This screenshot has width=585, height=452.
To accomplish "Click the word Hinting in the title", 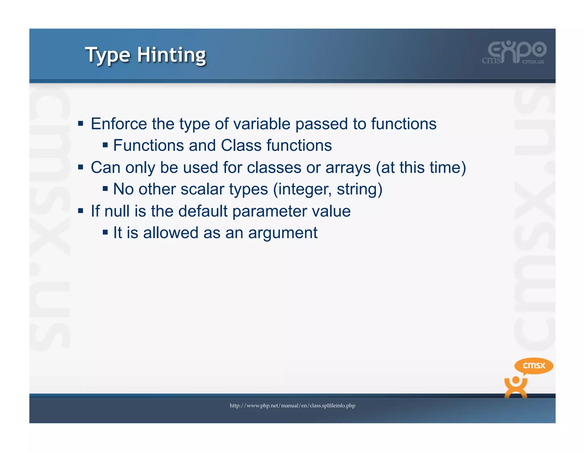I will click(171, 55).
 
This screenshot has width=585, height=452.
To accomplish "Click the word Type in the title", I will click(108, 55).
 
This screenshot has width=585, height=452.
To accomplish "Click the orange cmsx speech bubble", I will click(534, 366).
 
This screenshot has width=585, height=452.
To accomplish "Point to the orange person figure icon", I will click(516, 387).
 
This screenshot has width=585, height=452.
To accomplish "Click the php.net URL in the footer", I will click(292, 406).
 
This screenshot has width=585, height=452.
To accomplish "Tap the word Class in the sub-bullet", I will click(241, 145).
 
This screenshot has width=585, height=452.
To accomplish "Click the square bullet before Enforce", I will click(81, 124).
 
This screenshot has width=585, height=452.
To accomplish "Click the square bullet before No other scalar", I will click(105, 189).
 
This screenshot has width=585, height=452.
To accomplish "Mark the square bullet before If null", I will click(81, 211).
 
